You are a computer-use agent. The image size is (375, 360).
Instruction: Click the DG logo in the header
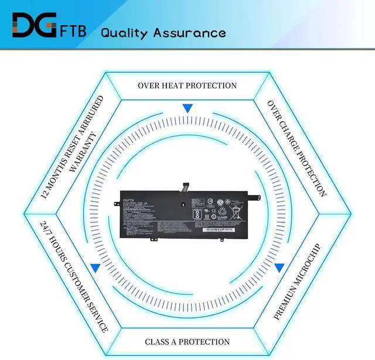[x=35, y=25]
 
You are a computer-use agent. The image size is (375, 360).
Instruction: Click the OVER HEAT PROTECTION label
[x=187, y=85]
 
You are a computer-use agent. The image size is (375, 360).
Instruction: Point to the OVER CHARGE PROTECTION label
[x=296, y=148]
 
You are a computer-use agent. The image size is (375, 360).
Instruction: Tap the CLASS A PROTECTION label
[x=187, y=341]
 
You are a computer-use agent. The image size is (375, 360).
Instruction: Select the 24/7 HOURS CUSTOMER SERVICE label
[x=74, y=276]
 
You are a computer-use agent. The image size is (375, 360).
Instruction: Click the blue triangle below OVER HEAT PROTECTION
[x=187, y=108]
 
